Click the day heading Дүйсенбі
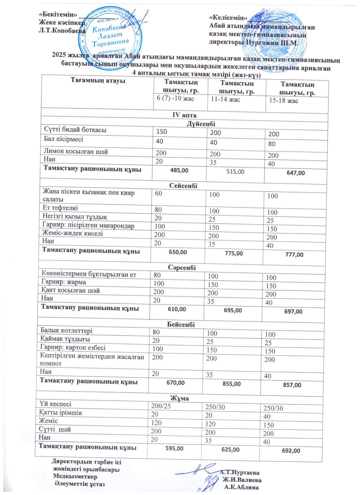pos(201,124)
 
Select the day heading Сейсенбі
pos(183,186)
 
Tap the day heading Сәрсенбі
pos(182,268)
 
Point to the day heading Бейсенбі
pos(181,324)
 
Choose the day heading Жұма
pos(179,398)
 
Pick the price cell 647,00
pos(296,173)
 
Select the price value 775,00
pos(234,253)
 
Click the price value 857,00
pos(292,385)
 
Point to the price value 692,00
pos(291,451)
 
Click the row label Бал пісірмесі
pos(63,139)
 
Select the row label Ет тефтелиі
pos(60,208)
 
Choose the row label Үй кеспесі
pos(55,404)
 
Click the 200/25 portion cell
pos(161,406)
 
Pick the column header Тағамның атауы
pos(98,80)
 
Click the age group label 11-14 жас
pos(225,100)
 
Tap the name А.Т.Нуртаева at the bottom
pos(240,473)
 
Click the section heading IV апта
pos(184,115)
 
